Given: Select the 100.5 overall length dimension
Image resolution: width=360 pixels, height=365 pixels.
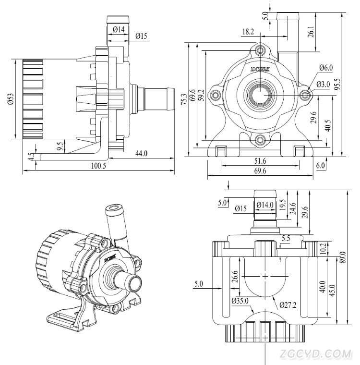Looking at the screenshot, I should [x=98, y=166].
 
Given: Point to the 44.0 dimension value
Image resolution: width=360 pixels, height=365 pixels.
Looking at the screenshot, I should [x=141, y=153].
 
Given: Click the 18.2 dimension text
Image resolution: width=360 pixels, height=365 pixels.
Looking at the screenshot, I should [x=248, y=32].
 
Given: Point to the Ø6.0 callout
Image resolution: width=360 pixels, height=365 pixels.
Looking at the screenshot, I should [x=325, y=68].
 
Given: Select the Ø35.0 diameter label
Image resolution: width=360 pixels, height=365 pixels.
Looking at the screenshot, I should [x=240, y=302].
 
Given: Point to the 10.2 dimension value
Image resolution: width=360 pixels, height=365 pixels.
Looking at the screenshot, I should [x=323, y=248].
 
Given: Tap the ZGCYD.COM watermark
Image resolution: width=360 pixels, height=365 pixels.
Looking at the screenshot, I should [x=317, y=354].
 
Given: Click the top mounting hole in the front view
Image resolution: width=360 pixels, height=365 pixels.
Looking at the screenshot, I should [x=261, y=50].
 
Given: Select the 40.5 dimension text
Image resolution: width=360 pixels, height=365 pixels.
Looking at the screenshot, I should [x=327, y=126].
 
